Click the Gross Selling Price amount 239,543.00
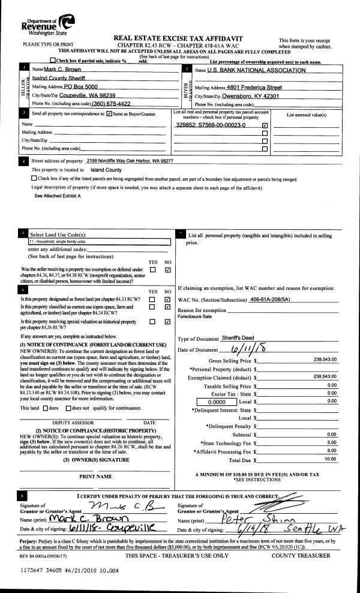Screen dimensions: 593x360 coord(325,360)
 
